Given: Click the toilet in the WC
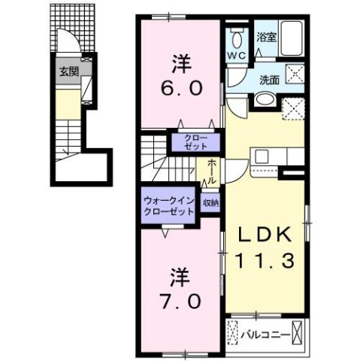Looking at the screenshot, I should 237,38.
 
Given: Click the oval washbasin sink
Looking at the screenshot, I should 264,102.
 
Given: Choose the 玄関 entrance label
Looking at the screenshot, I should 68,74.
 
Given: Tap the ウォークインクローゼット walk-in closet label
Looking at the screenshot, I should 168,205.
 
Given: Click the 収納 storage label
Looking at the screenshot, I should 210,203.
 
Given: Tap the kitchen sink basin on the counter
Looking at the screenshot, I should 263,156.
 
